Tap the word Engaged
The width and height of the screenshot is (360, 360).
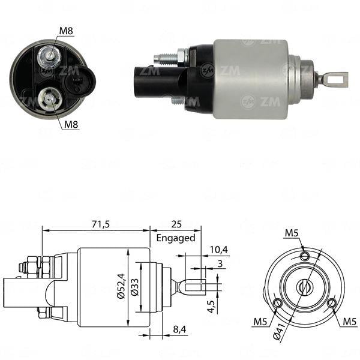176,238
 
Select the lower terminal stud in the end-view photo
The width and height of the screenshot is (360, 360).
47,98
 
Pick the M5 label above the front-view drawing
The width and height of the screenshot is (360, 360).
292,233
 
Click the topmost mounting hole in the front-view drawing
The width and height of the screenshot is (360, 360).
305,256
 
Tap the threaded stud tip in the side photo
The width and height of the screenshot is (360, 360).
160,59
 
